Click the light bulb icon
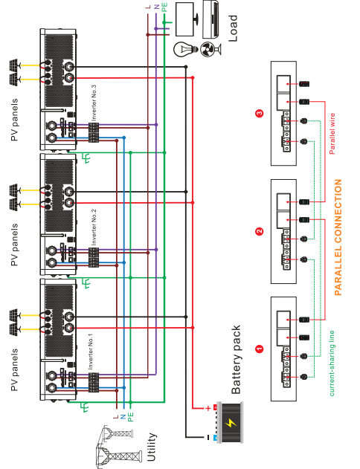185,48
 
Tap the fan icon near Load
210,49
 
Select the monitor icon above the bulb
187,19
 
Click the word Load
233,28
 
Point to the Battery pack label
236,360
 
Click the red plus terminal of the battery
215,407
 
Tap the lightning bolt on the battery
231,422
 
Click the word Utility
152,447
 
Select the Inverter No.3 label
94,103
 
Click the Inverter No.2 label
94,227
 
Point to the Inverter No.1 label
91,352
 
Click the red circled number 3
260,114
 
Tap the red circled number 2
260,231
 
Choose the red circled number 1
260,349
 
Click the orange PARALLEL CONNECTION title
338,238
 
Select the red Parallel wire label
332,134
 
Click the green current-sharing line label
332,363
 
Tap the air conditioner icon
211,20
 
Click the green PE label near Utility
130,417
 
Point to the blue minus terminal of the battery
215,438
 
